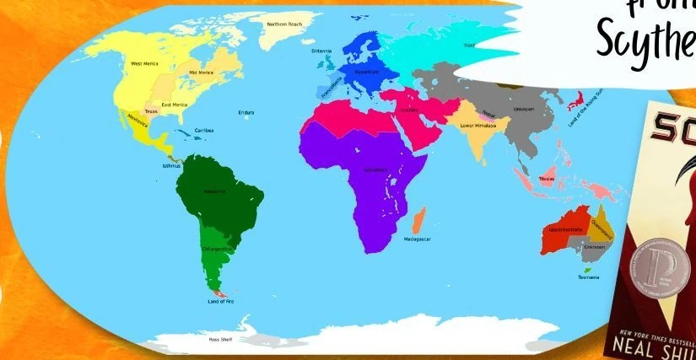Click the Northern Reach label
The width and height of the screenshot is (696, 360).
pos(284,24)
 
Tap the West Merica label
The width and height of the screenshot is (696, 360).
pos(144,64)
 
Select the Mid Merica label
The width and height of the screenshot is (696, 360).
pos(201,73)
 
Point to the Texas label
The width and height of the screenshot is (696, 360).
pos(151,111)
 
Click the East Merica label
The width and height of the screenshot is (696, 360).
pos(175,105)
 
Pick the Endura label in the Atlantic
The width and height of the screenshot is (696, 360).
pos(246,112)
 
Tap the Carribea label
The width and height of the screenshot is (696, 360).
pos(204,131)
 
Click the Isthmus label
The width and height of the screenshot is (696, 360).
pos(171,165)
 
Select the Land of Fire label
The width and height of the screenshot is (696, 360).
pos(219,301)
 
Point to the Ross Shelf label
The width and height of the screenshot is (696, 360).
pos(220,339)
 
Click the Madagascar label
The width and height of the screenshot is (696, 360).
pos(417,239)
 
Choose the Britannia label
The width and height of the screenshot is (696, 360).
pos(321,51)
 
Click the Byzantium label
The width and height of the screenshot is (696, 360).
pos(366,73)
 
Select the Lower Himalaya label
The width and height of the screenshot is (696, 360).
pos(478,126)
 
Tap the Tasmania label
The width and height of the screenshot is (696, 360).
pos(588,277)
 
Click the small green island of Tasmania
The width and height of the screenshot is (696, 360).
pos(587,270)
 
